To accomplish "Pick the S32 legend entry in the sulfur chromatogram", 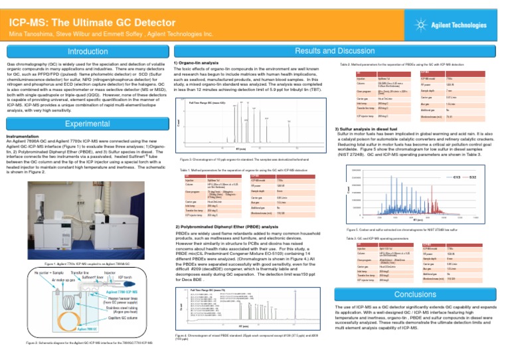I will click(x=474, y=179).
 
